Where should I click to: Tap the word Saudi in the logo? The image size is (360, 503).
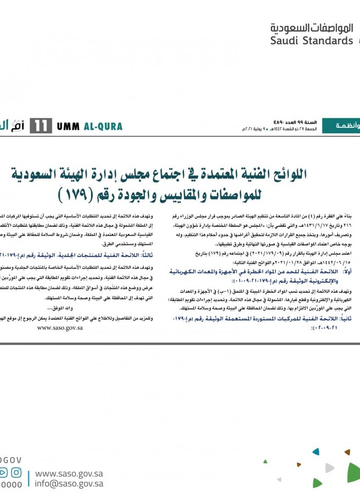285,41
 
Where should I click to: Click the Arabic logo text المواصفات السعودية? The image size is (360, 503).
311,28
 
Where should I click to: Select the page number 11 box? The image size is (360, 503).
41,127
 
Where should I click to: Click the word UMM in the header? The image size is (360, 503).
69,127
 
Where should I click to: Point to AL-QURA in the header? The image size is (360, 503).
103,127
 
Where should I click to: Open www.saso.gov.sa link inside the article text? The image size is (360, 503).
59,327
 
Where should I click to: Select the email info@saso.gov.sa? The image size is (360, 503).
69,484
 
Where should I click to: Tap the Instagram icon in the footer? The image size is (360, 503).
16,473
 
